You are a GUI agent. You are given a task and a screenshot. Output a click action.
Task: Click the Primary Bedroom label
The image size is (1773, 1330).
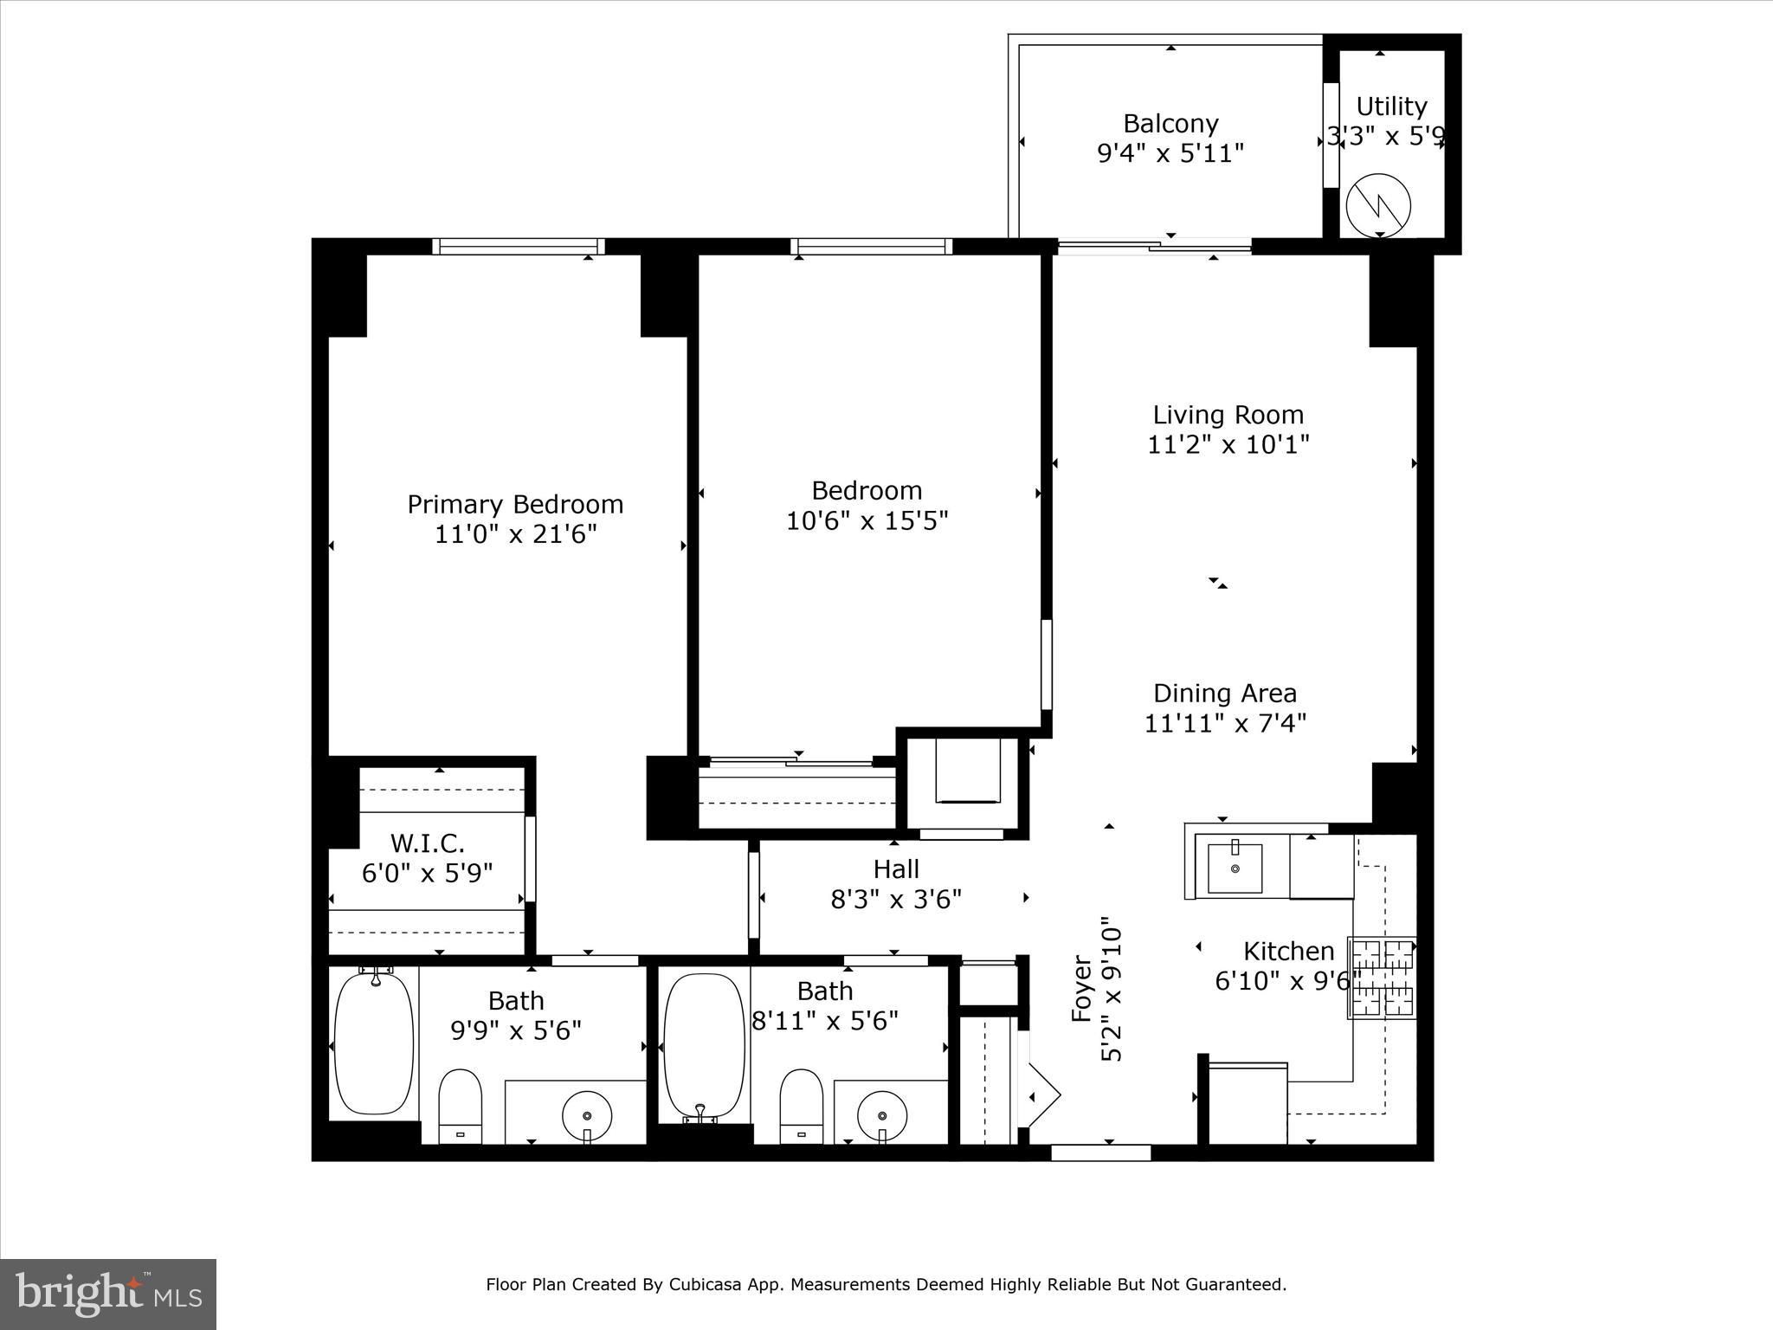515,504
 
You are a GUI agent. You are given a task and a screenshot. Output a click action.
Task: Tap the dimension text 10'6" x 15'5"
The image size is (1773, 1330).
867,521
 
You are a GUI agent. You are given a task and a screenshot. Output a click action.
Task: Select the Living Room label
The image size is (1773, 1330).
1228,415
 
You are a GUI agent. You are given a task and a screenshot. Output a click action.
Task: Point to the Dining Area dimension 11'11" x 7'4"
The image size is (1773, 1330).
1225,723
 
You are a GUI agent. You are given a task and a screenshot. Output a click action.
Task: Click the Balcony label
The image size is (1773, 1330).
1170,124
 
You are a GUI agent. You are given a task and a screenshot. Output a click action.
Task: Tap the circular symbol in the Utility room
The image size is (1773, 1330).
1378,206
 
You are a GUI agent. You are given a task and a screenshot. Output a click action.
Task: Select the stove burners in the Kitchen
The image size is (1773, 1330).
1382,978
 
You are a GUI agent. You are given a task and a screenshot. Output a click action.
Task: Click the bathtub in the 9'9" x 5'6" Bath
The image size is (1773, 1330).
374,1043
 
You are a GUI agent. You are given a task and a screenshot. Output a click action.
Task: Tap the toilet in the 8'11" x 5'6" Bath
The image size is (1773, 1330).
801,1105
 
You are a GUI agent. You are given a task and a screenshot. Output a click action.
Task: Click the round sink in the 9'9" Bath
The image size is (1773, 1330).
587,1115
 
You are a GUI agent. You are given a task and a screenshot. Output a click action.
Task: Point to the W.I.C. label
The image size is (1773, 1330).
428,843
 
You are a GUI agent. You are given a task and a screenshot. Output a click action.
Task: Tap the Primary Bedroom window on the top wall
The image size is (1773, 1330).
519,247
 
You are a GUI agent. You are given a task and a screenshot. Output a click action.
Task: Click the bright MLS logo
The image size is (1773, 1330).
108,1294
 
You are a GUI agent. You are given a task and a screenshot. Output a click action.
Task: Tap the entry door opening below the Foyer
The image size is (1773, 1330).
1100,1152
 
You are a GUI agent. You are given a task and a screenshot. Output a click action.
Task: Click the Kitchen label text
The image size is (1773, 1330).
1288,952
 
